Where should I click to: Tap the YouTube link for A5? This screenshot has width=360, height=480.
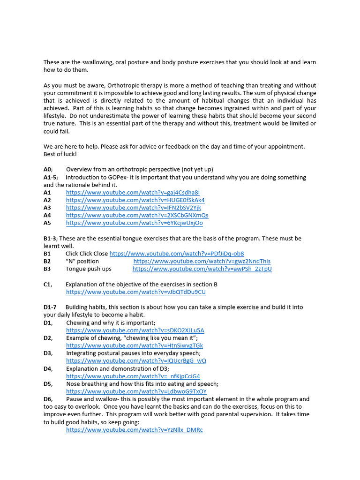(134, 223)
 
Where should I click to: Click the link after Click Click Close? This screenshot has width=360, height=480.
(176, 254)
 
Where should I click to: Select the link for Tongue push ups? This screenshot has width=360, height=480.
(202, 269)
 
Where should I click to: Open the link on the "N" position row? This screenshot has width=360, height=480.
(202, 261)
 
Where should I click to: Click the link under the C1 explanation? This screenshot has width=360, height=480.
(135, 292)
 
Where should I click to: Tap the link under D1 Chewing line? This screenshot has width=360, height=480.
(135, 330)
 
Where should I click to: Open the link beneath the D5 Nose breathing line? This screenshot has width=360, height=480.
(136, 391)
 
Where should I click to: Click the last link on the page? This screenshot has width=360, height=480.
(134, 430)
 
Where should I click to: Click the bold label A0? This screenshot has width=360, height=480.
(48, 170)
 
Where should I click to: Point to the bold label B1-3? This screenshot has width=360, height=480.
(50, 239)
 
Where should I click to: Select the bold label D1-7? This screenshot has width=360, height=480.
(50, 307)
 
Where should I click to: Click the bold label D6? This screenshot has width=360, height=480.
(48, 399)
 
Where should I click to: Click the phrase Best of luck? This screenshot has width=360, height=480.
(60, 154)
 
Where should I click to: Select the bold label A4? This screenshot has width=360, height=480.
(47, 216)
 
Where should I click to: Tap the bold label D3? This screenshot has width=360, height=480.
(48, 353)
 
